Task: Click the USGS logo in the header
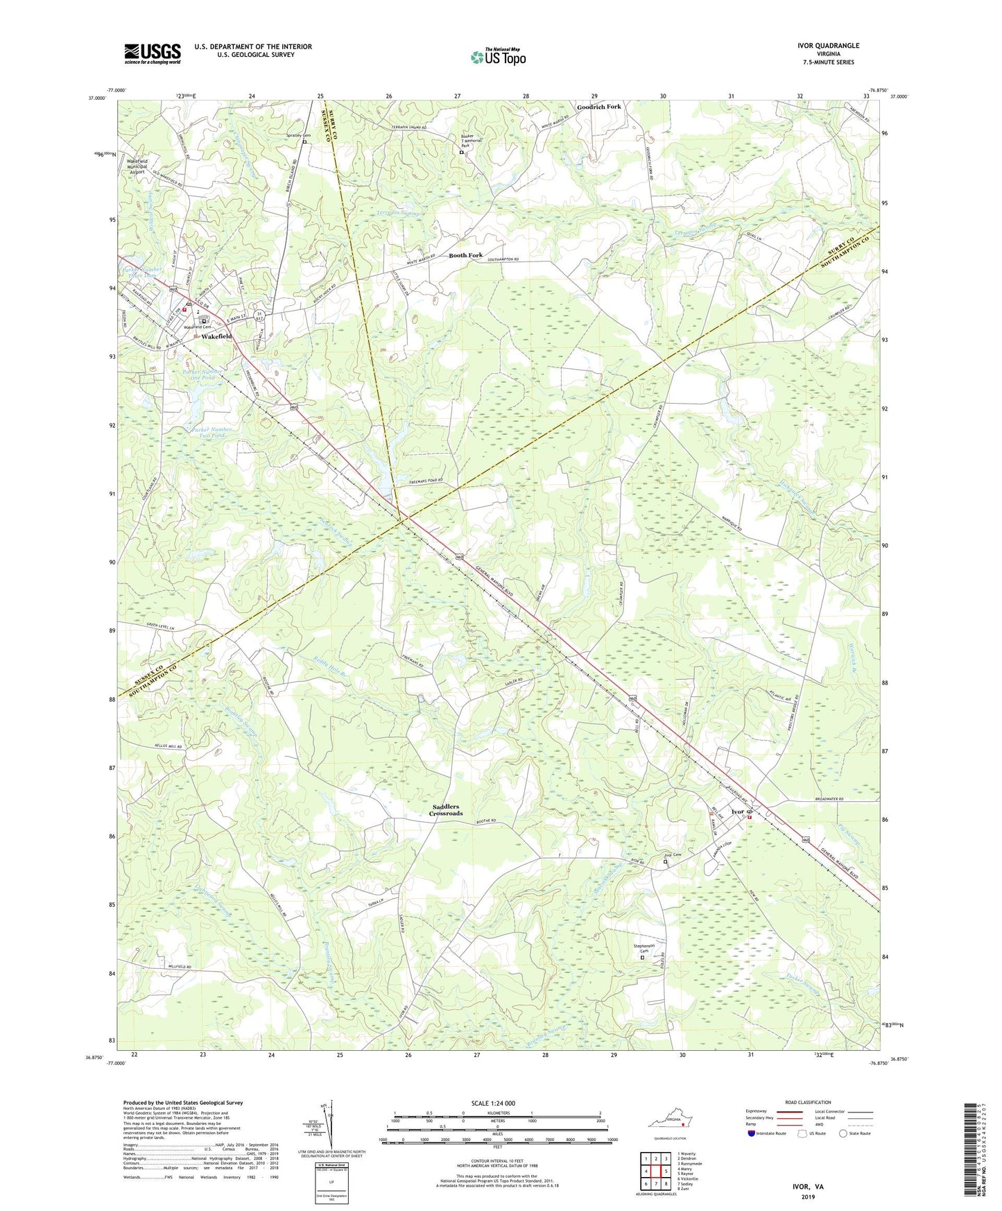pos(153,53)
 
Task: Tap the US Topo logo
pos(498,57)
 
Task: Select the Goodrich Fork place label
pos(599,107)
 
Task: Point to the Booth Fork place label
pos(465,255)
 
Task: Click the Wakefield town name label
pos(217,336)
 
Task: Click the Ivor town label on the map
pos(738,811)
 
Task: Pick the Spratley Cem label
pos(299,136)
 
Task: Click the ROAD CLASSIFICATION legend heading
pos(809,1102)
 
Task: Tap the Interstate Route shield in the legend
pos(752,1133)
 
